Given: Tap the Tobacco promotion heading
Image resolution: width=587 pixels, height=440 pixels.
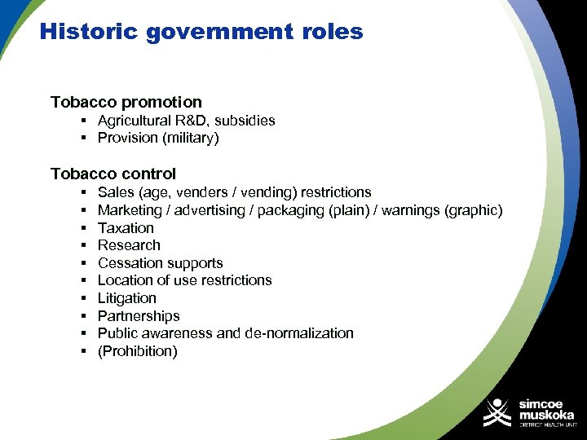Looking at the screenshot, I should coord(126,102).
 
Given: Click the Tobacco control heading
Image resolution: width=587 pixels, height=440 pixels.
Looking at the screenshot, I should coord(113,174).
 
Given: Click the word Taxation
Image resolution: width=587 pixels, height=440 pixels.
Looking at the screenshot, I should coord(126,228).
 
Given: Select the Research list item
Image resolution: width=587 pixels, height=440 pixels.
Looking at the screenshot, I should coord(129,245).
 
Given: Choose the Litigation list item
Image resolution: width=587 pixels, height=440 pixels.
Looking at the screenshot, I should coord(126,298).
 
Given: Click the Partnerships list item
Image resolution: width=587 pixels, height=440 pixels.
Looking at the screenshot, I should coord(139,316).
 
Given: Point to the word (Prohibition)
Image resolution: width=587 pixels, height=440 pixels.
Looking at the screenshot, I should coord(137,352).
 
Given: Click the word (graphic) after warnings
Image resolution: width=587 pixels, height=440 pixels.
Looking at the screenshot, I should coord(473,210).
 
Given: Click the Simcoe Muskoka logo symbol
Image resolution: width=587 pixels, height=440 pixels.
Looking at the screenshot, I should coord(497,413).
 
